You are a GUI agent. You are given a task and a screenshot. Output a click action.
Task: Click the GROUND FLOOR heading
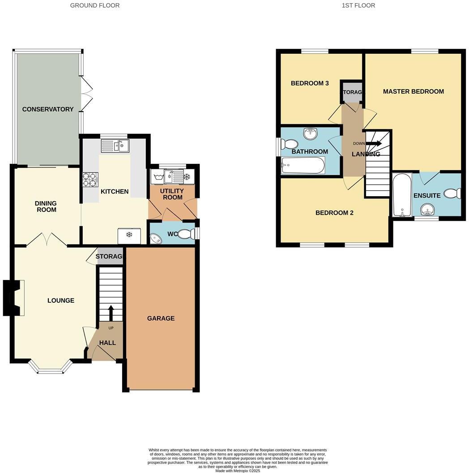[95, 5]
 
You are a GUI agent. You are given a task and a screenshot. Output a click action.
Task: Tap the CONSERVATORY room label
[48, 109]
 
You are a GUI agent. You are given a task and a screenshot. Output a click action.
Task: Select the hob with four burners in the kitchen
[90, 179]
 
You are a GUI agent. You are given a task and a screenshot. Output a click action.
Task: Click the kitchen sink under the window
[115, 145]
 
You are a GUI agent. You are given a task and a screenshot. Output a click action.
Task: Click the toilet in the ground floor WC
[188, 233]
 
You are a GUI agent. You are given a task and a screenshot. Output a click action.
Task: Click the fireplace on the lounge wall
[13, 298]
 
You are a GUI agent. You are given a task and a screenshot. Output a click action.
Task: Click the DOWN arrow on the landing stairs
[373, 144]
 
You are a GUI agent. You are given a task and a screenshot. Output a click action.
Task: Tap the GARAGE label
[161, 318]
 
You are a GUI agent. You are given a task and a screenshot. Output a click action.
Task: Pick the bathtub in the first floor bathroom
[303, 166]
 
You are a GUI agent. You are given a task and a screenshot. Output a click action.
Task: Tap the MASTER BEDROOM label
[413, 91]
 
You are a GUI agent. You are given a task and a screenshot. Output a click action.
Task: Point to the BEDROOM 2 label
[334, 213]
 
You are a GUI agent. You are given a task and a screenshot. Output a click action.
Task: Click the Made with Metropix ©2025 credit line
[237, 470]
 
